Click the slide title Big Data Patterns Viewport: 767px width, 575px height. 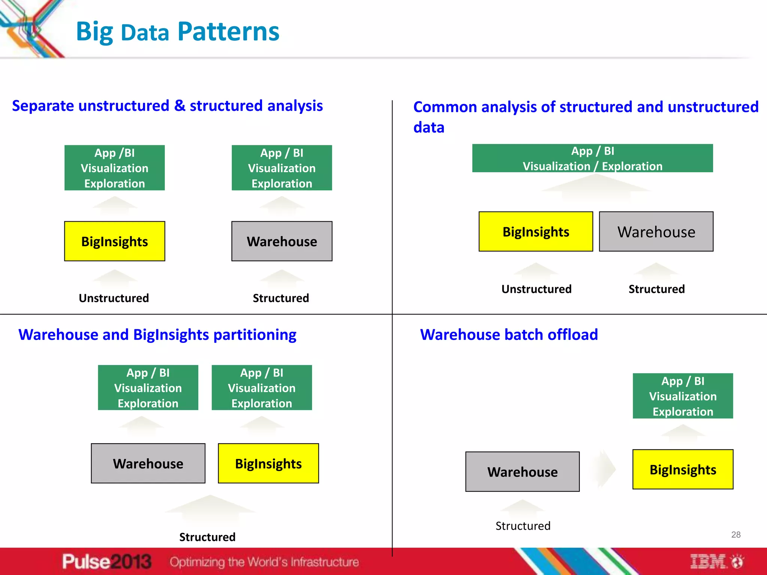[x=178, y=31]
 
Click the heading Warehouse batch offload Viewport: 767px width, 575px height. [x=509, y=334]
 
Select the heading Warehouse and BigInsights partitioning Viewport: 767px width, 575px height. [x=157, y=334]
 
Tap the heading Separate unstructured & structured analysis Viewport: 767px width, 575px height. [x=167, y=106]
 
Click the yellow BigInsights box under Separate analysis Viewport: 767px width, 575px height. [x=115, y=241]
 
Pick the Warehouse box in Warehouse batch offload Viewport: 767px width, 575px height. [x=522, y=472]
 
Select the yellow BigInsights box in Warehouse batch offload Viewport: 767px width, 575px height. [x=683, y=469]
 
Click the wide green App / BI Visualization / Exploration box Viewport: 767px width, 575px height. [x=592, y=158]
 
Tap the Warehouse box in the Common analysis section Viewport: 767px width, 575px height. [x=656, y=232]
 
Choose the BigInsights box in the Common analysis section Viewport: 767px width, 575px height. [x=536, y=232]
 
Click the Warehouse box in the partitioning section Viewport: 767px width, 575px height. [x=148, y=463]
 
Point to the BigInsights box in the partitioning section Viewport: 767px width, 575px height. [x=268, y=463]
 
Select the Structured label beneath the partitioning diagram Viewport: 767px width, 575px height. [x=207, y=537]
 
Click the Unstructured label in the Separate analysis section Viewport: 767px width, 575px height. [x=114, y=298]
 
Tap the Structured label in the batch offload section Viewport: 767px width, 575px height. [x=523, y=526]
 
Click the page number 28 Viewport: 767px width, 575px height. [x=736, y=535]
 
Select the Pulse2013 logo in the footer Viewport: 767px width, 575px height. [x=107, y=562]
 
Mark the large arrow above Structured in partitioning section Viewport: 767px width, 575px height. [x=210, y=510]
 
